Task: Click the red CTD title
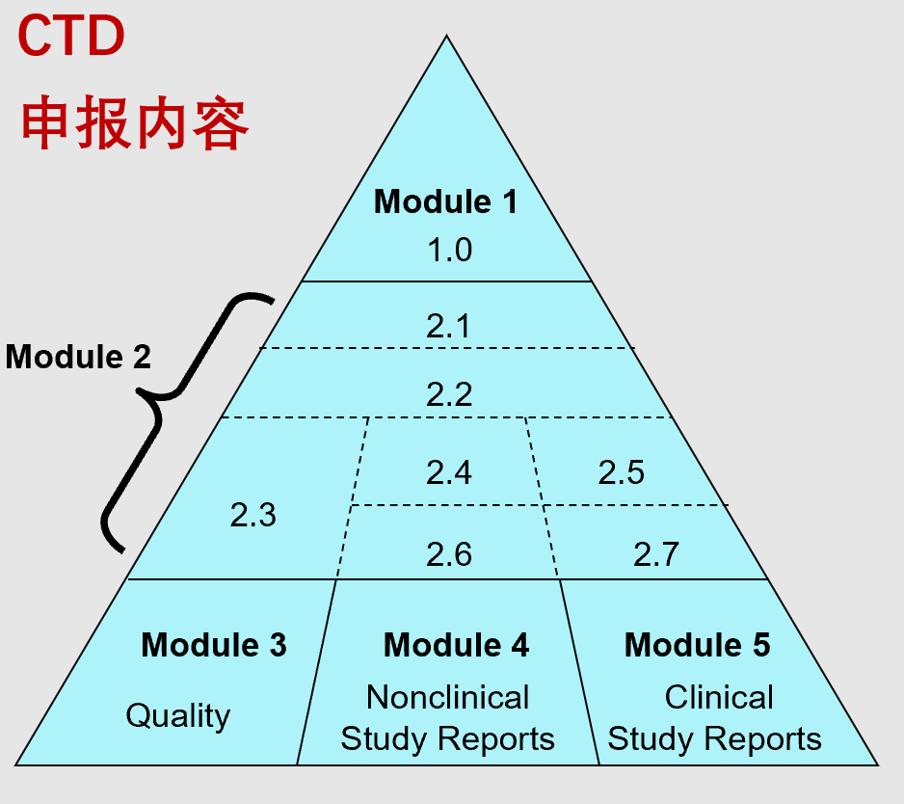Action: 71,36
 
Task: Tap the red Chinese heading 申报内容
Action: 134,123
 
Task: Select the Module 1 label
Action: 445,201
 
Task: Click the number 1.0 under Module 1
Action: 449,251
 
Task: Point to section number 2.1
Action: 448,326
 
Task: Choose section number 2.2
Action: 449,394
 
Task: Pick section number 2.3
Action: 253,515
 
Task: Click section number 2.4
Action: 449,472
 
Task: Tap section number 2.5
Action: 621,472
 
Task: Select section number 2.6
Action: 449,554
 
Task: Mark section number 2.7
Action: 656,554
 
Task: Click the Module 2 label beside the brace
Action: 78,357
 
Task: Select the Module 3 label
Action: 214,645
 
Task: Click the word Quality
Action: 178,716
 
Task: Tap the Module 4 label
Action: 456,645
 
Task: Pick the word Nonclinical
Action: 448,697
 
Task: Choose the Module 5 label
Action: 698,645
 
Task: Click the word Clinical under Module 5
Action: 719,697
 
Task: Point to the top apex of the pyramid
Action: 446,35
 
